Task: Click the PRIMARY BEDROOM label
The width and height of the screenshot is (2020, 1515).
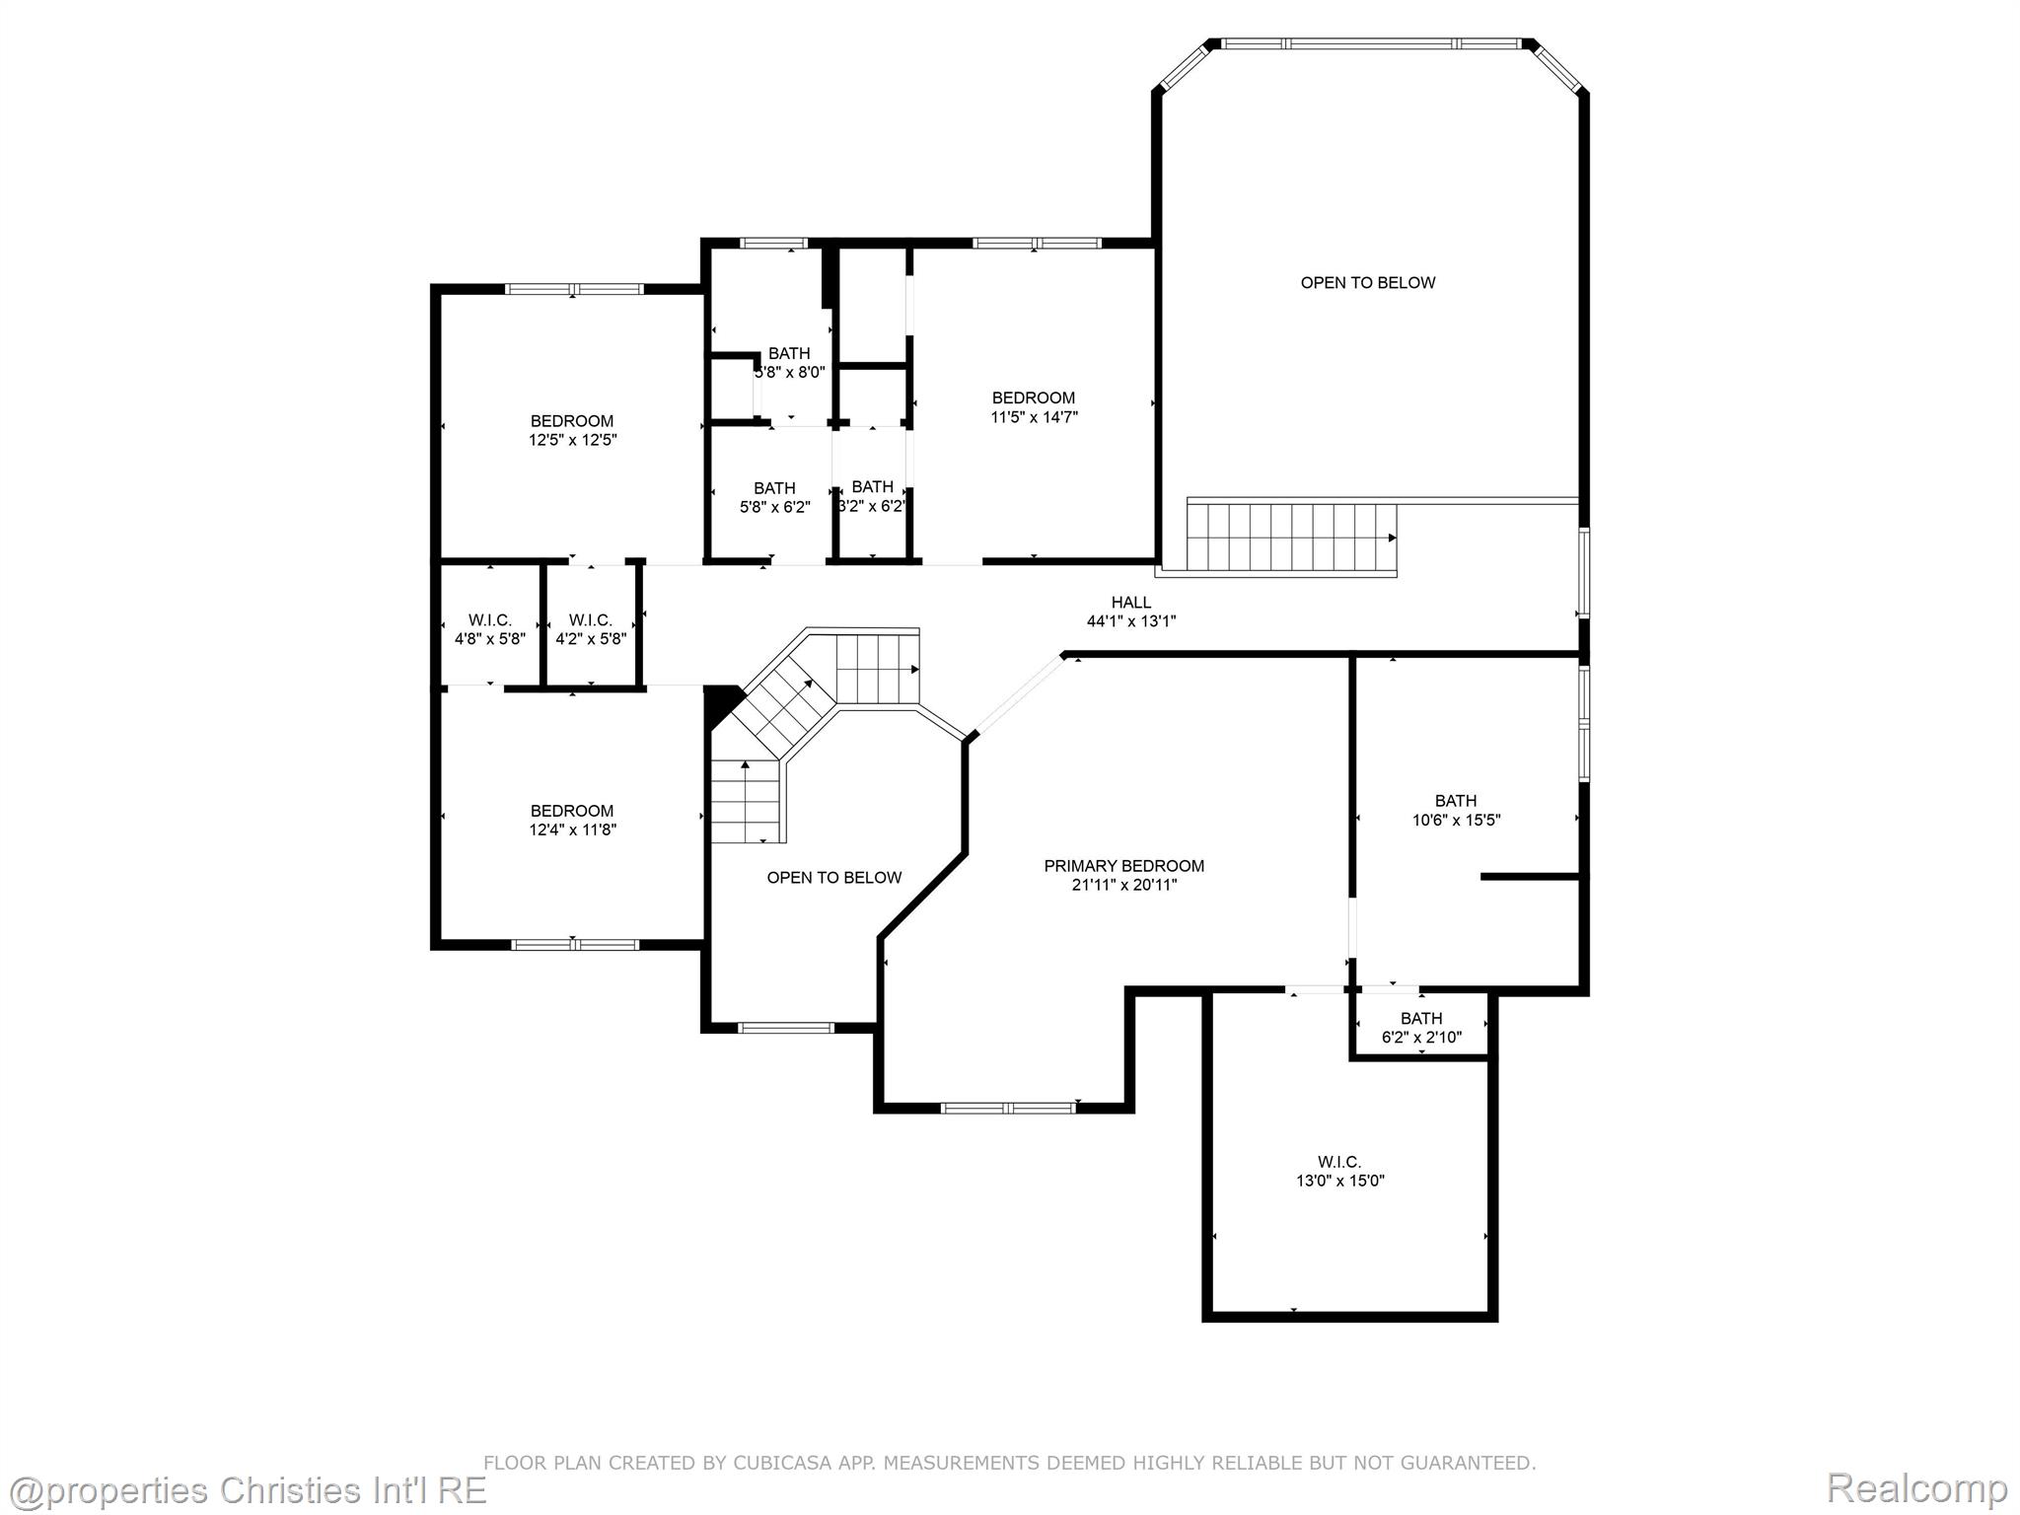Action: pos(1123,866)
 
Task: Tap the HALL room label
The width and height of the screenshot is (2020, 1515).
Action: pos(1131,603)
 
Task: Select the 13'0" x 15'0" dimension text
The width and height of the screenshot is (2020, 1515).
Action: pos(1339,1181)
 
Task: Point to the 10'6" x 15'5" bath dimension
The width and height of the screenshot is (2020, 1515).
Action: pos(1456,820)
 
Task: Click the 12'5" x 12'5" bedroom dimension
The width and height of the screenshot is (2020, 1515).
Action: pos(572,440)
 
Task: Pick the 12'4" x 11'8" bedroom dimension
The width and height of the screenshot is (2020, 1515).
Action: pos(572,830)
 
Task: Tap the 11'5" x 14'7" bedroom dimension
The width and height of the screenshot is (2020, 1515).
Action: pos(1034,417)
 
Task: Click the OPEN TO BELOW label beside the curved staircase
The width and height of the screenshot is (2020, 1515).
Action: pos(834,878)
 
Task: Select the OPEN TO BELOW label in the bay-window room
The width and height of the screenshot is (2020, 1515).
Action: pos(1368,283)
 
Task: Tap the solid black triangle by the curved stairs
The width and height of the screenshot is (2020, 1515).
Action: pos(721,702)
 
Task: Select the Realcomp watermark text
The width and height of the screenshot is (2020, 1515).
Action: pos(1916,1487)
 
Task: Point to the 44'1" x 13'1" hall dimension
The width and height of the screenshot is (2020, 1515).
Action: pos(1131,621)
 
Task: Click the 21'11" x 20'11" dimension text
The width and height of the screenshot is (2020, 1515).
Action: pos(1124,885)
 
